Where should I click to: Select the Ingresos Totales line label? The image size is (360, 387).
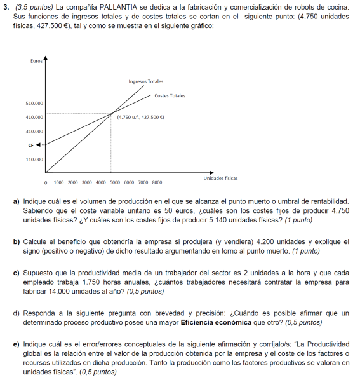tap(145, 81)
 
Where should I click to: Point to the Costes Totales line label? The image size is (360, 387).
tap(170, 95)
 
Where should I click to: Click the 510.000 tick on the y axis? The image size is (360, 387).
tap(34, 103)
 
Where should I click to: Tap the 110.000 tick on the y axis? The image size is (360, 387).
tap(34, 160)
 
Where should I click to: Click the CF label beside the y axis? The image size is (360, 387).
tap(30, 145)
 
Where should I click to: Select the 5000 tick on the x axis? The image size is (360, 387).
tap(115, 182)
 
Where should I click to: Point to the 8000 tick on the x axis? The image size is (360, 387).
tap(157, 182)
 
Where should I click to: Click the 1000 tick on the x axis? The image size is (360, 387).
tap(59, 182)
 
